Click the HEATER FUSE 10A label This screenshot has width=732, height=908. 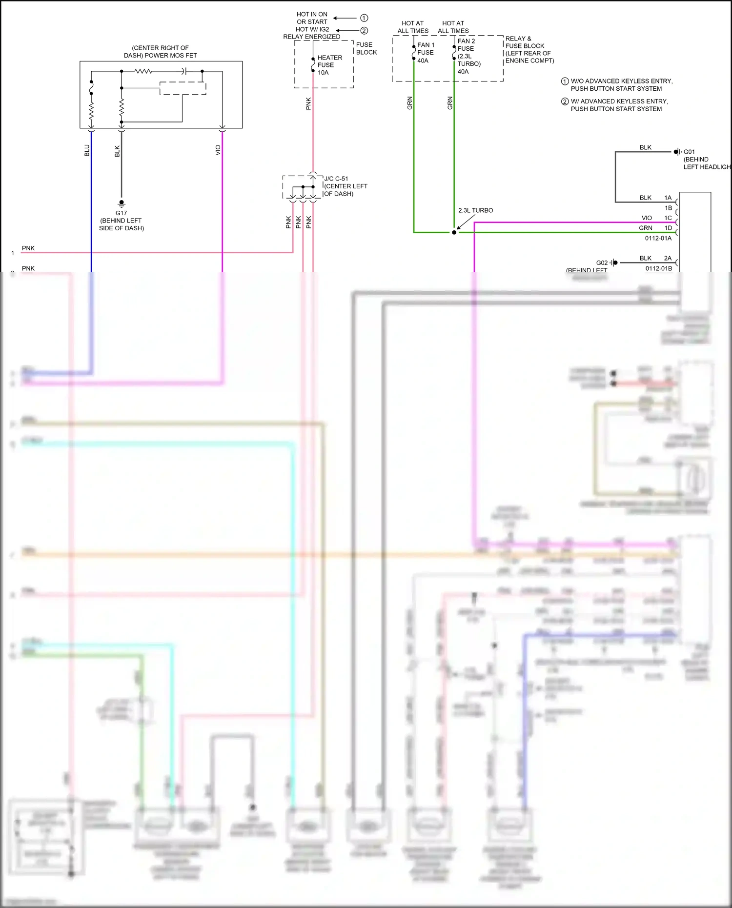[329, 65]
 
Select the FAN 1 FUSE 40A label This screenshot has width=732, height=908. [425, 53]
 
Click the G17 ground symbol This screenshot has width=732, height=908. [122, 203]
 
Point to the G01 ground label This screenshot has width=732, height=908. [689, 152]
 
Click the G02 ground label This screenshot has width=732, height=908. [602, 262]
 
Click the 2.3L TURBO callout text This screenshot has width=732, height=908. [475, 210]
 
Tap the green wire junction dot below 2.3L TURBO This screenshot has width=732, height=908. [454, 232]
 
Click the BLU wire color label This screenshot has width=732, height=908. [87, 150]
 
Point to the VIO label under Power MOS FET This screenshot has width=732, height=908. [218, 150]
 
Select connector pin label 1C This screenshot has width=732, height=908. [668, 218]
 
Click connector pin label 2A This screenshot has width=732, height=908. [668, 258]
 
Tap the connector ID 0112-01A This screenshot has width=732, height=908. [658, 238]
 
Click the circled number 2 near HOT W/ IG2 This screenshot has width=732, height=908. [364, 31]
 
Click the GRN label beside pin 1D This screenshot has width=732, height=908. [646, 228]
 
